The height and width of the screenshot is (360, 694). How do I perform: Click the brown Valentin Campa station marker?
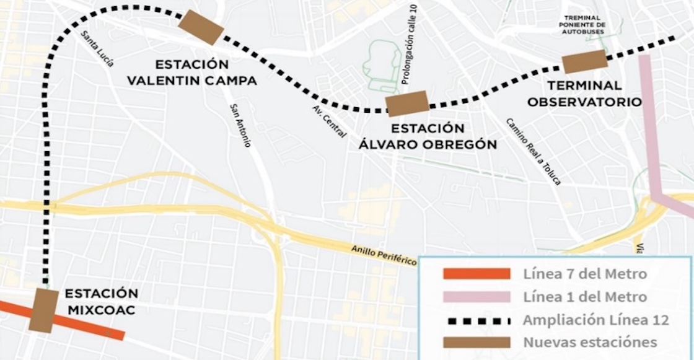201,27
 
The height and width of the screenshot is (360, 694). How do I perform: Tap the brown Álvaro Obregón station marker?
407,103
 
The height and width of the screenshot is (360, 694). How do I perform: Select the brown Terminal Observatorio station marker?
584,61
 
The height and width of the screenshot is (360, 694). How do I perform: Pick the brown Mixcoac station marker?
43,310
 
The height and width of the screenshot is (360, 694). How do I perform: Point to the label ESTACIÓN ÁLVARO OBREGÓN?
428,136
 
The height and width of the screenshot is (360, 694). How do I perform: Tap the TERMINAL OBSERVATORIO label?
584,94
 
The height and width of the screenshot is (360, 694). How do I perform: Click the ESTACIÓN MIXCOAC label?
102,301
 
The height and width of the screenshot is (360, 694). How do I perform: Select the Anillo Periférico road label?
384,255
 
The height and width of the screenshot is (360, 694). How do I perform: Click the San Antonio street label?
240,125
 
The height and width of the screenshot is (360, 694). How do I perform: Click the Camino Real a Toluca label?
533,152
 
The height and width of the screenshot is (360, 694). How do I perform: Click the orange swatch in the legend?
477,274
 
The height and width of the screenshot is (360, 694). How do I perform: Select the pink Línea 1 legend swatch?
477,297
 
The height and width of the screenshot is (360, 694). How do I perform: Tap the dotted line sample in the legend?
477,320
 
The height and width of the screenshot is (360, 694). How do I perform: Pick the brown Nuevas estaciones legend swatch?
477,342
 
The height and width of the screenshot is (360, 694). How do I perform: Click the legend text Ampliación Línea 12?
595,320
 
